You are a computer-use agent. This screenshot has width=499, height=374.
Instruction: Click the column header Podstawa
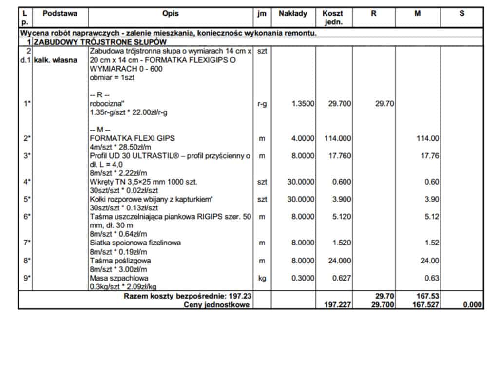[60, 14]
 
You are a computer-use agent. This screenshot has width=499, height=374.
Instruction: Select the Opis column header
[171, 14]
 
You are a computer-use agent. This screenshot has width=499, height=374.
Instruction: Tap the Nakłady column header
[293, 14]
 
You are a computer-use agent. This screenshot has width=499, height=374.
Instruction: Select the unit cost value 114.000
[337, 139]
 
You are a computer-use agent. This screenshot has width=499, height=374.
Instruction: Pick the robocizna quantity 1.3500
[303, 104]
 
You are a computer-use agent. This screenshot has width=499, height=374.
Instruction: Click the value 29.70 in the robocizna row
[384, 104]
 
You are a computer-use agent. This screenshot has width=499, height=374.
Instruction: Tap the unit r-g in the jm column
[262, 104]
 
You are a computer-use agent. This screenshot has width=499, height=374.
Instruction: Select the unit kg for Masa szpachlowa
[262, 278]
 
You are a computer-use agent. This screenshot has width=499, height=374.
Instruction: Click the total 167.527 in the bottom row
[425, 305]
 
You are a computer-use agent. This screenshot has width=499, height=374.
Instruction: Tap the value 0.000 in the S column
[472, 305]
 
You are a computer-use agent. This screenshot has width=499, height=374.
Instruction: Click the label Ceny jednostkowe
[216, 305]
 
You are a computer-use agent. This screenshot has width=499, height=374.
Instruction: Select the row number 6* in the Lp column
[27, 217]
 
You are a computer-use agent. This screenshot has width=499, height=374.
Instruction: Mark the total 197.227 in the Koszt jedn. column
[337, 305]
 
